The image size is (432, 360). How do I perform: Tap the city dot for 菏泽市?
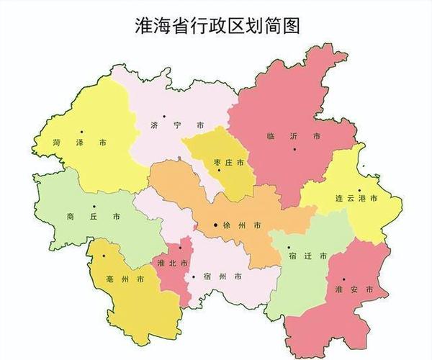coord(83,131)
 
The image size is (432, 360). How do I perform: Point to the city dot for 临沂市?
coord(295,149)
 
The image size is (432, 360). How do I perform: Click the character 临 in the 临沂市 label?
coord(271,135)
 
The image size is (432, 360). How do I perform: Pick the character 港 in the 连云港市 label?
coord(362,198)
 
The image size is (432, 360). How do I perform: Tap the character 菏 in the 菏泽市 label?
coord(57,144)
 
